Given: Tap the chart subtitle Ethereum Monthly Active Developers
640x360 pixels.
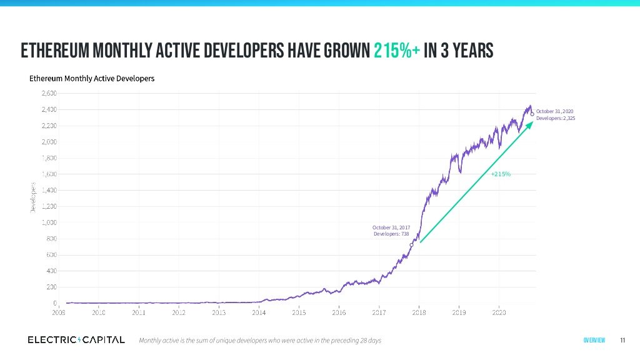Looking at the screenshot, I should (92, 79).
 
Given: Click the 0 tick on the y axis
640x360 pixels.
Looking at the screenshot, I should (54, 303).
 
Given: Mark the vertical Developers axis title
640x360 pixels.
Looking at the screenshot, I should (32, 197).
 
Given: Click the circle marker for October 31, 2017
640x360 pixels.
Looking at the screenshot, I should (411, 245).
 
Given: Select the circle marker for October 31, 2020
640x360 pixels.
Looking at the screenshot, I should (532, 114).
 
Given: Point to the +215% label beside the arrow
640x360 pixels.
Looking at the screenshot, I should (501, 174).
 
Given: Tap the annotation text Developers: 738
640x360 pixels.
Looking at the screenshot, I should (391, 234).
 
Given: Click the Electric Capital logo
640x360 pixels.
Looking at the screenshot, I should (76, 339).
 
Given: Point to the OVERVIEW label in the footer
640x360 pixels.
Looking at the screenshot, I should (594, 340).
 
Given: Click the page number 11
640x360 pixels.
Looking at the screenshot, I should (622, 340).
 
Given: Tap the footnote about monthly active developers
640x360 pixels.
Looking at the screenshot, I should (259, 340).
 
